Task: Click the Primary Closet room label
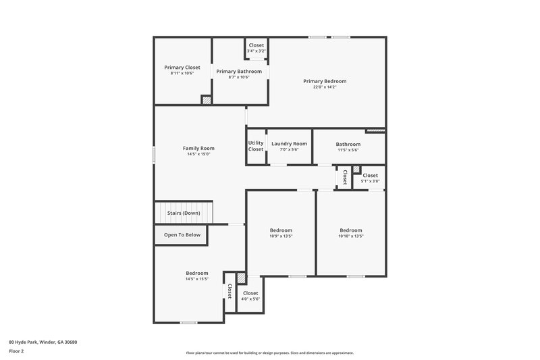pos(182,68)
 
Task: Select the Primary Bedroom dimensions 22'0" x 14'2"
pos(324,87)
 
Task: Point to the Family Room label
pos(198,148)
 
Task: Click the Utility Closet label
pos(256,146)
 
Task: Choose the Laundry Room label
pos(289,143)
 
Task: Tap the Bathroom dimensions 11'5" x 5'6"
pos(348,150)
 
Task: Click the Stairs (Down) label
pos(184,213)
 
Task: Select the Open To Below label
pos(182,235)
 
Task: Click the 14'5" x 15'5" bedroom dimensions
pos(197,279)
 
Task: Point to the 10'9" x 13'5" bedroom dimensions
pos(281,236)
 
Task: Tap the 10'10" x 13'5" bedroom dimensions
pos(351,236)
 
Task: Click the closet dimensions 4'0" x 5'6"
pos(250,299)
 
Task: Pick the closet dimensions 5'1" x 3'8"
pos(371,181)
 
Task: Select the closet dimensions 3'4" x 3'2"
pos(256,51)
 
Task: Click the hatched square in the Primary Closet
pos(207,100)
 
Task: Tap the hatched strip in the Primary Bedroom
pos(375,130)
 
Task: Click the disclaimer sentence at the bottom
pos(270,353)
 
